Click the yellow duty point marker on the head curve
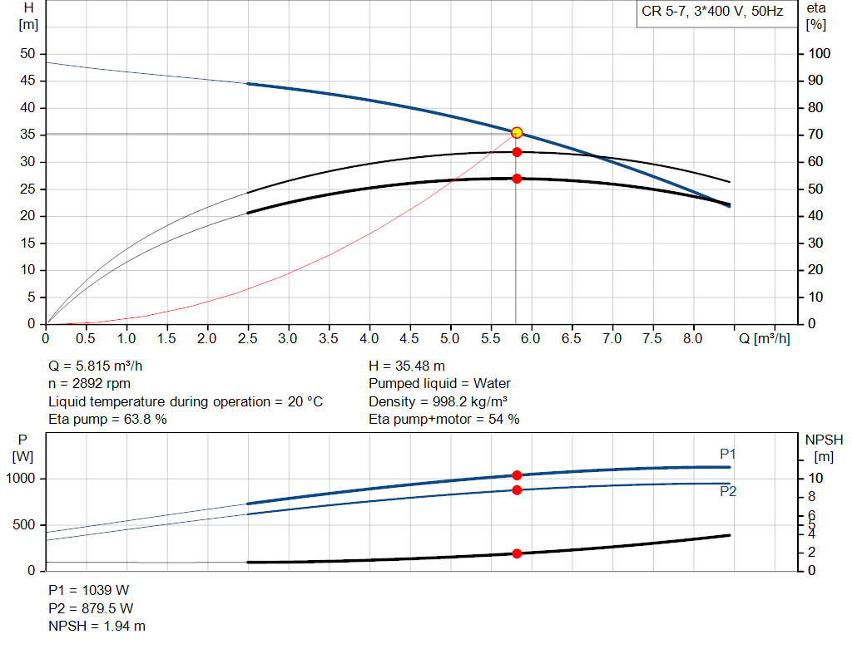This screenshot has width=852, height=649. click(x=517, y=133)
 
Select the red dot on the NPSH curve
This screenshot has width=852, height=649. click(x=517, y=553)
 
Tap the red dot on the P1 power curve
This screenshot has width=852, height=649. click(x=517, y=475)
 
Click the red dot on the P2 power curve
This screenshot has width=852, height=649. click(x=517, y=490)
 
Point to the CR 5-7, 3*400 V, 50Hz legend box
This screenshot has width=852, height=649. click(x=712, y=12)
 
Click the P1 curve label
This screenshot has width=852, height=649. click(x=728, y=454)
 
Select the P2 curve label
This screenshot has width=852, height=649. click(x=728, y=492)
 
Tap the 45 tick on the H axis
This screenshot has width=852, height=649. click(x=28, y=81)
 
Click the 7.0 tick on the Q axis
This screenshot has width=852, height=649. click(x=612, y=339)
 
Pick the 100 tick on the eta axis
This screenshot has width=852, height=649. click(x=820, y=54)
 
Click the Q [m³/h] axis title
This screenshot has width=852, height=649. click(x=762, y=339)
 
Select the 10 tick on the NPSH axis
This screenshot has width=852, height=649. click(x=816, y=479)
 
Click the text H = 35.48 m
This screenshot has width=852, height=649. click(x=407, y=366)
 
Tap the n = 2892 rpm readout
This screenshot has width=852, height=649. click(x=90, y=384)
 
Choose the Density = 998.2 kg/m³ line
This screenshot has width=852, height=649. click(x=438, y=401)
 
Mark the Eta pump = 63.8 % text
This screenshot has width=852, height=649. click(x=107, y=420)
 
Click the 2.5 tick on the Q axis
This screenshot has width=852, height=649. click(x=248, y=339)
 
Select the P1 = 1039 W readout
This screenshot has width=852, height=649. click(x=89, y=591)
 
